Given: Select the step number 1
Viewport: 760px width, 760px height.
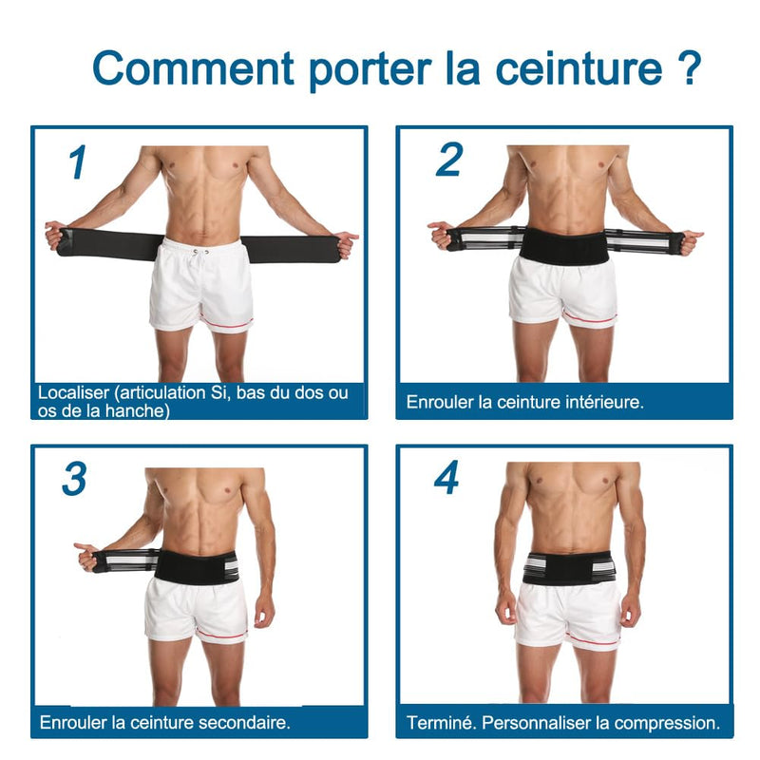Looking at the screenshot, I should click(x=79, y=162).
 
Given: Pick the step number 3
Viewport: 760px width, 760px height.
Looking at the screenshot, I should click(x=74, y=480).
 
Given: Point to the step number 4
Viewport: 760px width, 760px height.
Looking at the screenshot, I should click(x=447, y=479).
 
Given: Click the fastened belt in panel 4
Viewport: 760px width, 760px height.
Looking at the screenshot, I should click(x=568, y=568).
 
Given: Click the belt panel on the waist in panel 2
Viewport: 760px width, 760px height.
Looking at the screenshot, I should click(x=562, y=246).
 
